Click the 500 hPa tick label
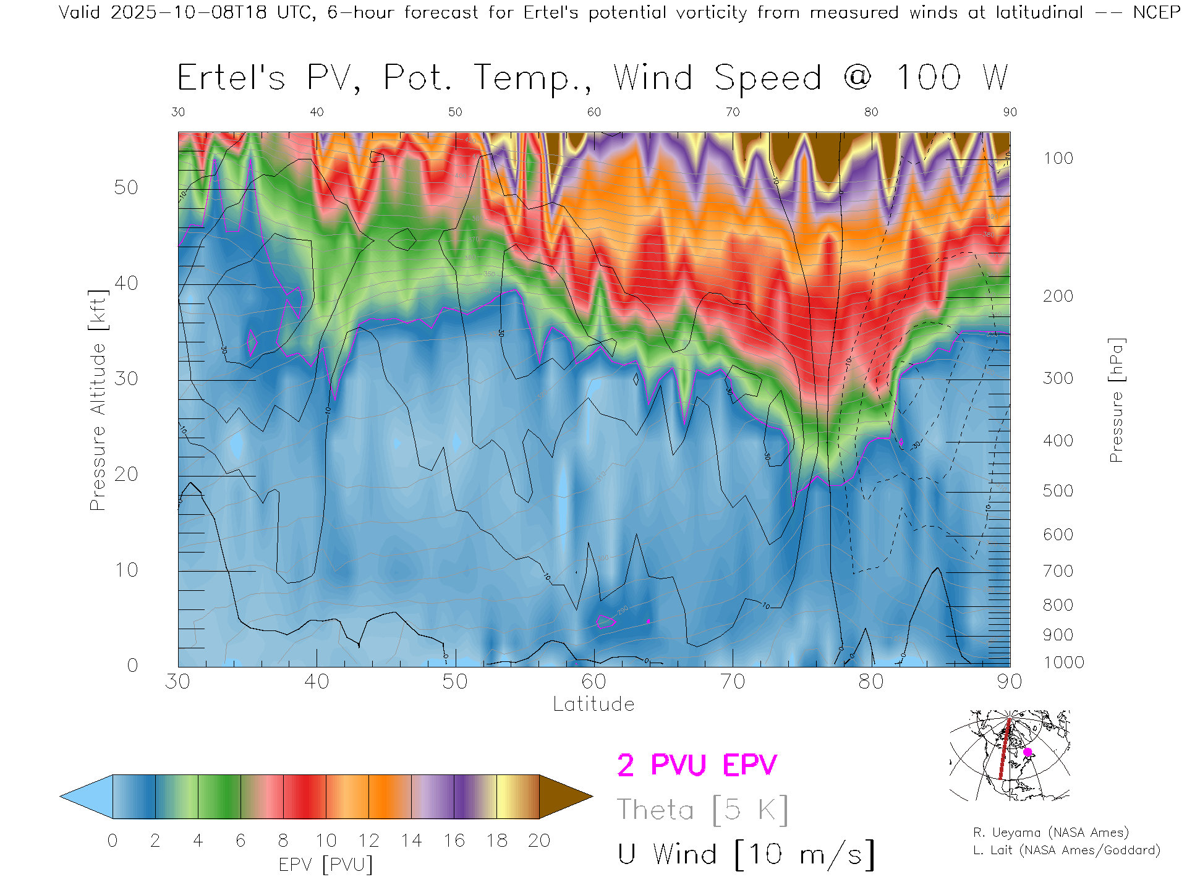1058,491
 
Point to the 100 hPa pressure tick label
1058,158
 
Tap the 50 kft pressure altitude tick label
126,187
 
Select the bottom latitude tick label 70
732,682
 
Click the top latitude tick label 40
317,112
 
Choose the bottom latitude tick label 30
178,682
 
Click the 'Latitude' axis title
593,704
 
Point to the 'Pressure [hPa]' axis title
1116,400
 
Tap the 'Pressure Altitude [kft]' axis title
98,400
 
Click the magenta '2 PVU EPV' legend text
697,765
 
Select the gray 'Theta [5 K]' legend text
702,810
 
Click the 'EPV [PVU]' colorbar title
326,864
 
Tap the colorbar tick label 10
326,841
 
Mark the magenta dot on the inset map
1027,752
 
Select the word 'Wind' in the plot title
653,78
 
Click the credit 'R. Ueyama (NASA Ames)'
1051,833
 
